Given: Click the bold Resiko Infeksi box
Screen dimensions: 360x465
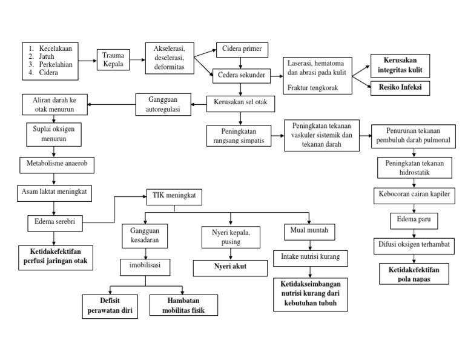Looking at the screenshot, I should (x=400, y=87).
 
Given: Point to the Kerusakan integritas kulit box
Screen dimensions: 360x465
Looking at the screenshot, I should (x=400, y=65).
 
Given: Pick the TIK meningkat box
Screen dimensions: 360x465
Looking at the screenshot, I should (x=174, y=197).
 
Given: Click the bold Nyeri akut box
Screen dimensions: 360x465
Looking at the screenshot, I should (x=230, y=266).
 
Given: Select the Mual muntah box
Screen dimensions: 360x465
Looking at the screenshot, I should (x=309, y=232).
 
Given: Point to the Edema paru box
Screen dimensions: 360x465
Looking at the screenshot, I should (x=414, y=219).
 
